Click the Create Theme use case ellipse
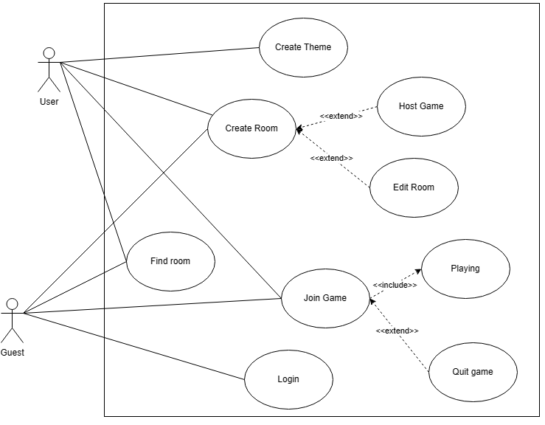(303, 47)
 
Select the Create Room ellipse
(251, 128)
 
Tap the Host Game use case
(421, 106)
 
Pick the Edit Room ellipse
(414, 187)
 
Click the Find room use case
(170, 261)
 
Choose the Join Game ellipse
(325, 298)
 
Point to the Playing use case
(465, 269)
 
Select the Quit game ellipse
(473, 372)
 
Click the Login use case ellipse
(288, 379)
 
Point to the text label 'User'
(49, 102)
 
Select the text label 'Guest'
(12, 353)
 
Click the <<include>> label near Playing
(395, 285)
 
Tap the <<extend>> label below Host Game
(341, 116)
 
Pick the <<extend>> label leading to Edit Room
(331, 158)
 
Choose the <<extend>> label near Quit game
(397, 331)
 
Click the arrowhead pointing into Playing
(417, 272)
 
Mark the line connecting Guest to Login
(133, 345)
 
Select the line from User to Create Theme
(159, 55)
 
